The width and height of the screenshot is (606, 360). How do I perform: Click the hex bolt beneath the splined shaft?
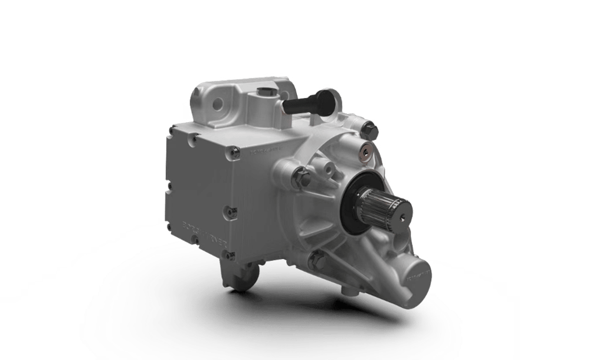(319, 258)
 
